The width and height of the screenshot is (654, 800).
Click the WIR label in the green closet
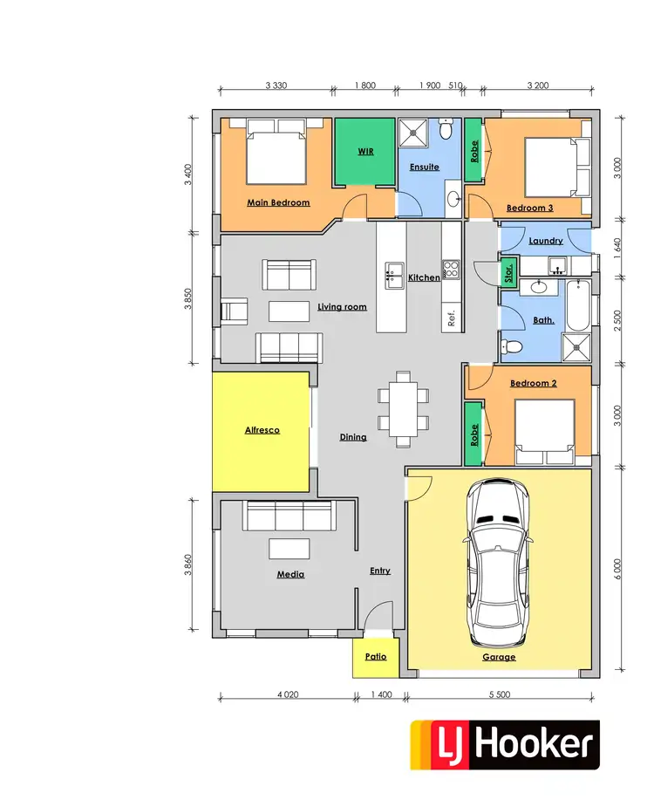[x=365, y=151]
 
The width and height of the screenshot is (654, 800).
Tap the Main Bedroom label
[x=278, y=202]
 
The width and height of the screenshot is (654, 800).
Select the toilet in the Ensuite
[x=446, y=131]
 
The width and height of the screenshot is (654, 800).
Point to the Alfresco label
[x=262, y=430]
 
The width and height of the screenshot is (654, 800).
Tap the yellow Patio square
[x=375, y=657]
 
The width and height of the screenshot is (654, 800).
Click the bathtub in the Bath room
[x=576, y=306]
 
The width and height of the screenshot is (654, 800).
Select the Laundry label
[x=545, y=241]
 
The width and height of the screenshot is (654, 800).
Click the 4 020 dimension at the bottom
[x=289, y=694]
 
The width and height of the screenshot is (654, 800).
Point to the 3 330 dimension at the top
[x=276, y=85]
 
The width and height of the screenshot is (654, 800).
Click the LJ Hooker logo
[x=505, y=744]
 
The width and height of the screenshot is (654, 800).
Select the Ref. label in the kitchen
[x=452, y=318]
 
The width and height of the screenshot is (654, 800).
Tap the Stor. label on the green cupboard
[x=509, y=273]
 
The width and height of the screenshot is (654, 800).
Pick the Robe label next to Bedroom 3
[x=474, y=152]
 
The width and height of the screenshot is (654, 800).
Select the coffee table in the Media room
[x=289, y=548]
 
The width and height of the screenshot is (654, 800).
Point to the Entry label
[x=379, y=571]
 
